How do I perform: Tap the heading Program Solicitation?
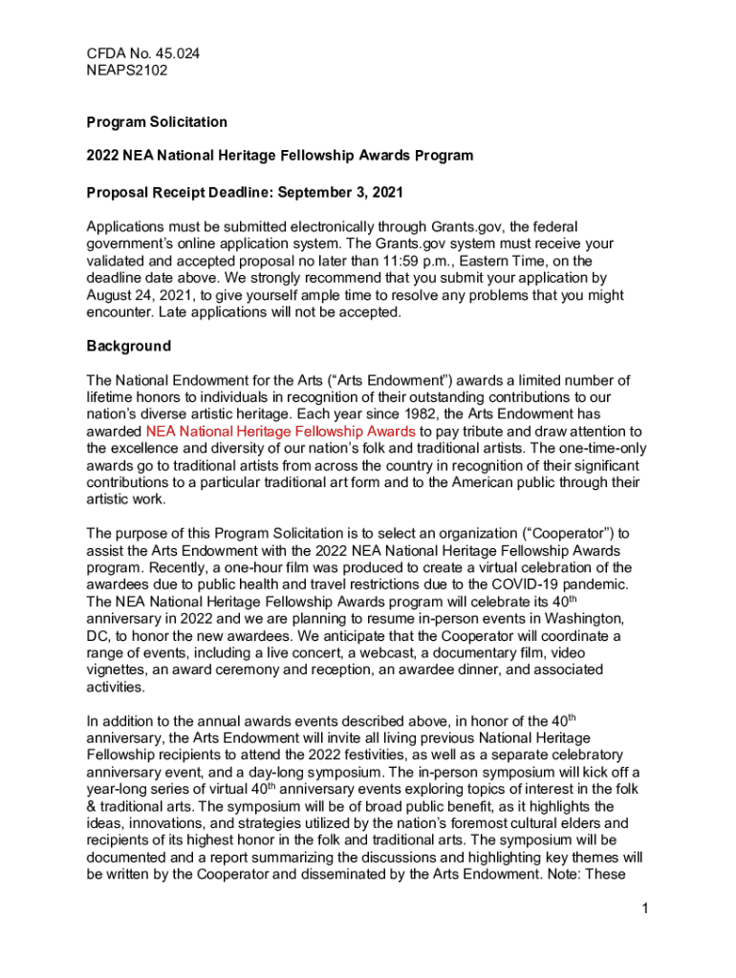[x=157, y=122]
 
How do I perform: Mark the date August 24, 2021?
[x=145, y=295]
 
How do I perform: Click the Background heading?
[x=128, y=346]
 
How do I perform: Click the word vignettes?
[x=119, y=670]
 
